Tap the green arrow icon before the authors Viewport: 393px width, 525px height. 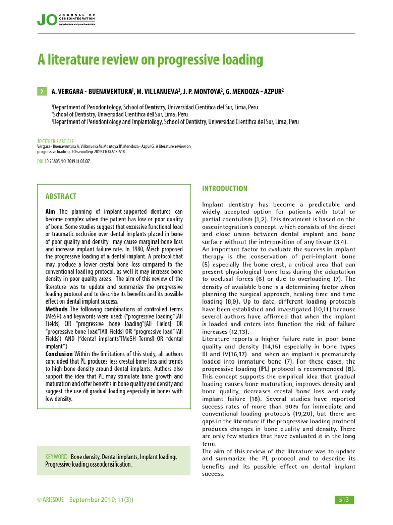coord(41,91)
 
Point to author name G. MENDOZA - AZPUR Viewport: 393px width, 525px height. coord(255,91)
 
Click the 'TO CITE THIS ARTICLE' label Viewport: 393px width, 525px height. coord(55,141)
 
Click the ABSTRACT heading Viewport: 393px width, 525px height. coord(61,196)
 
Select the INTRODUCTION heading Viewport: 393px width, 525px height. coord(225,189)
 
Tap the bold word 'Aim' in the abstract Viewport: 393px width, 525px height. coord(51,212)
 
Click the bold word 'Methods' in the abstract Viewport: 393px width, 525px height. coord(57,309)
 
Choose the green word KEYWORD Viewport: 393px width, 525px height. coord(56,457)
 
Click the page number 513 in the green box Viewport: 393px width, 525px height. coord(343,500)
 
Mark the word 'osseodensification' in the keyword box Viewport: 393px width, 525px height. coord(107,465)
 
